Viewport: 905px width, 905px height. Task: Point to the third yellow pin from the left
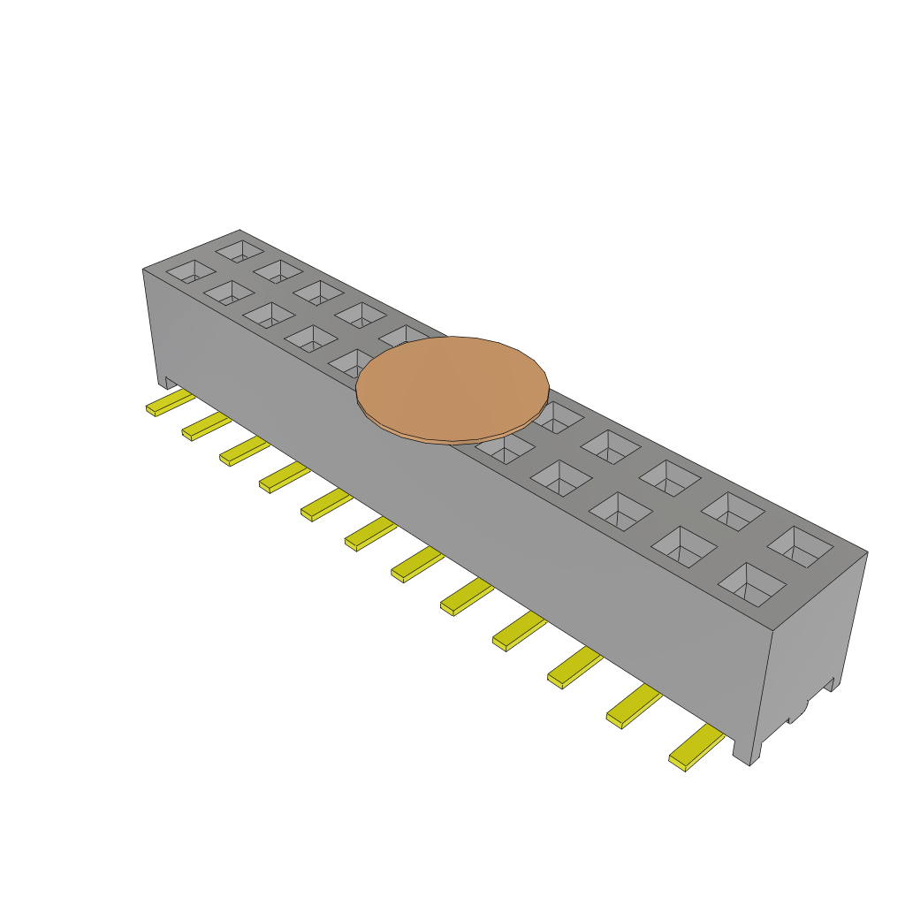point(244,451)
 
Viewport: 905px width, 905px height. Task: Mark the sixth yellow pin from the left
point(370,533)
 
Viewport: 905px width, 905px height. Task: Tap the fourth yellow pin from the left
point(284,477)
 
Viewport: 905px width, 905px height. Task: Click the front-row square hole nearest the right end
point(752,584)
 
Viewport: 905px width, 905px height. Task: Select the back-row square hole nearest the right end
point(800,546)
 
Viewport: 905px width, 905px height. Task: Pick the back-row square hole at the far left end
point(239,249)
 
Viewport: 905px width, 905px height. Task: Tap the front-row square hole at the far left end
point(191,270)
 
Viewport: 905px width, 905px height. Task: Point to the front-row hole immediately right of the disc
point(504,449)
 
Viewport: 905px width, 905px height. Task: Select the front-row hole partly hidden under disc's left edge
point(351,362)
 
